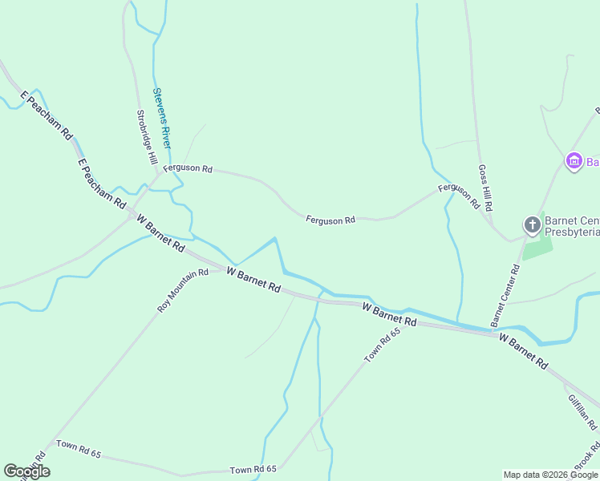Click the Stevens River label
coord(162,118)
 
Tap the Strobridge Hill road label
coord(147,138)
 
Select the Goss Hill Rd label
coord(484,188)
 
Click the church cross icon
coord(531,225)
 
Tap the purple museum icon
coord(574,162)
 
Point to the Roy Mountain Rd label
coord(183,290)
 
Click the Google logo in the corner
coord(26,471)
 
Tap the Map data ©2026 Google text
coord(550,475)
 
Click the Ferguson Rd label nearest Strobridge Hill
coord(188,169)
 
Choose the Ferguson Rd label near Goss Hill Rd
coord(458,193)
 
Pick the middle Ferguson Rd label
coord(330,220)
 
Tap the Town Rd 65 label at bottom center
coord(253,469)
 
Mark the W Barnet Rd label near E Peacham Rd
coord(160,233)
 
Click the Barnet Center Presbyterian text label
coord(572,226)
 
